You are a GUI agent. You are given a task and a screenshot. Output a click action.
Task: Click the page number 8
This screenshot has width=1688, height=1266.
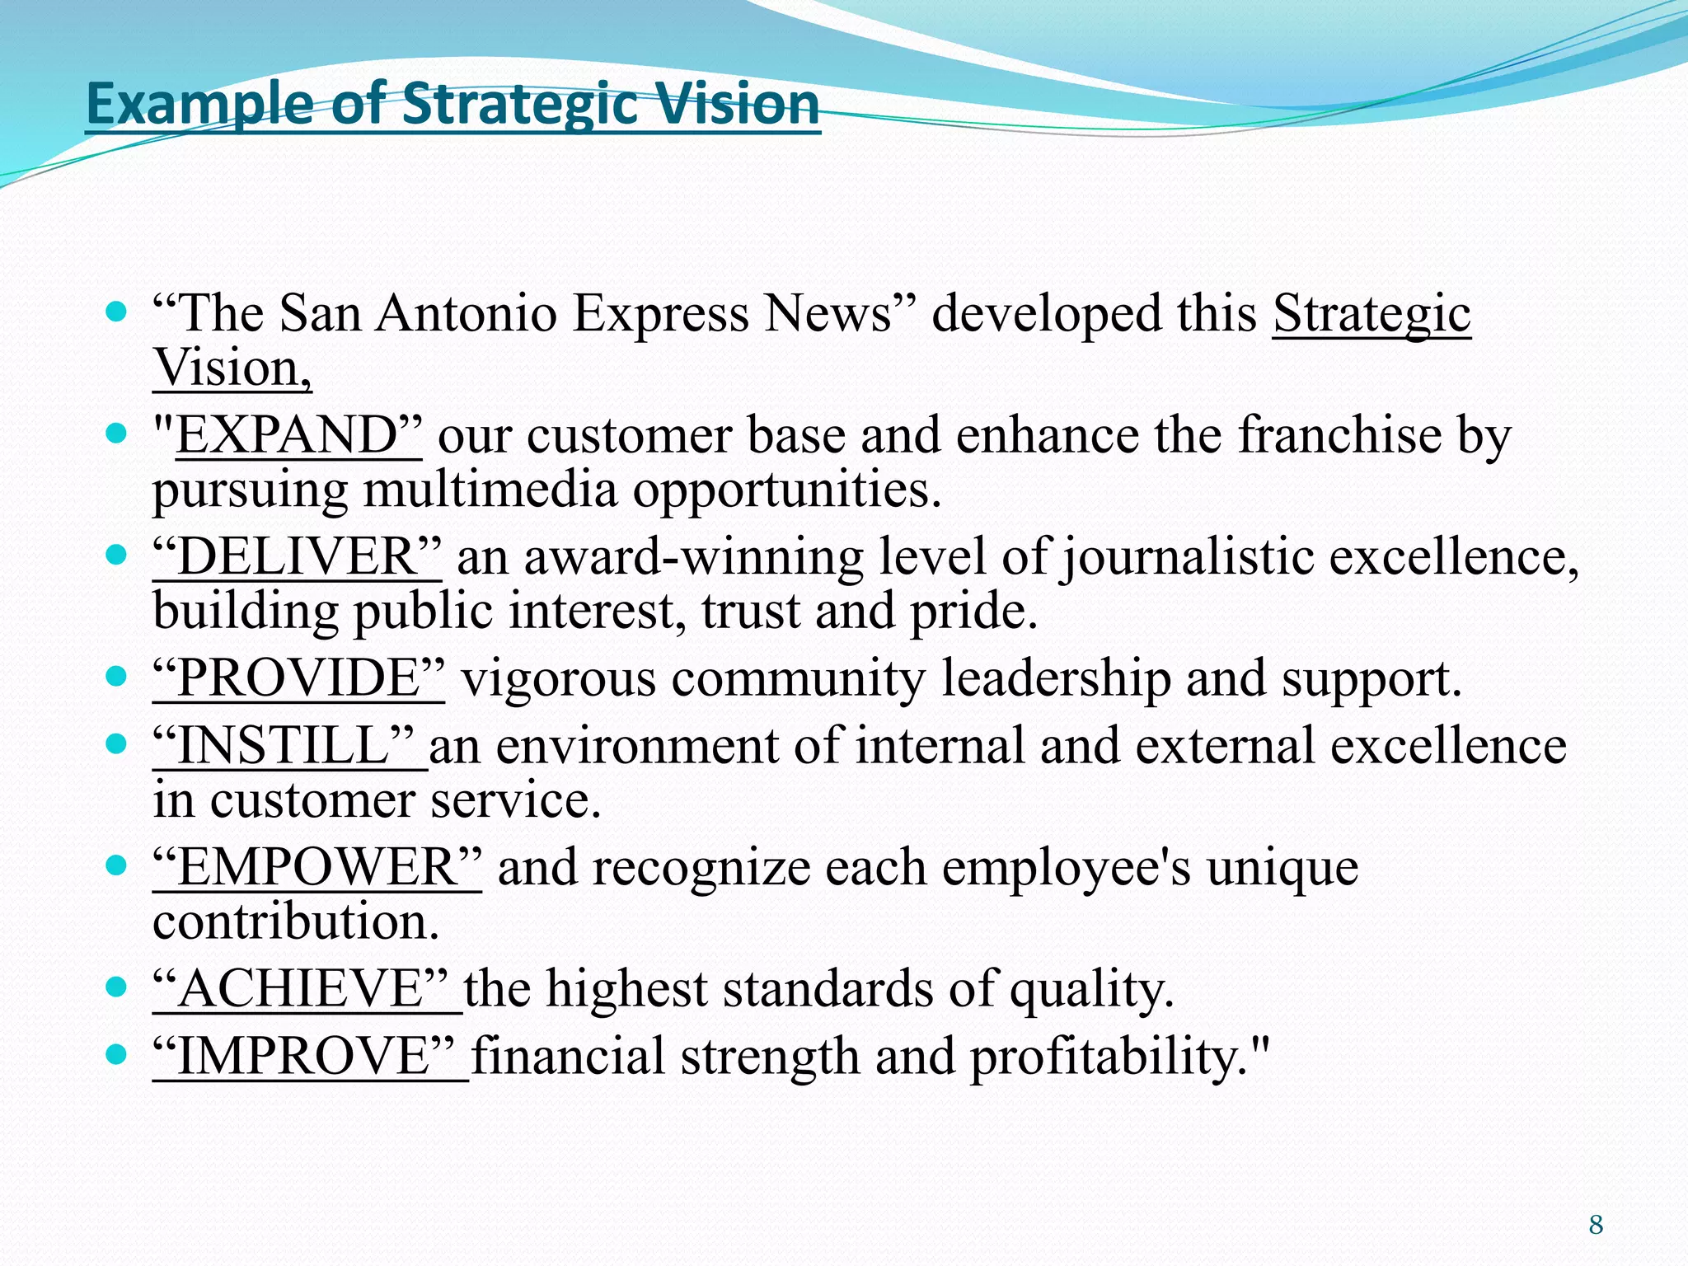pyautogui.click(x=1596, y=1225)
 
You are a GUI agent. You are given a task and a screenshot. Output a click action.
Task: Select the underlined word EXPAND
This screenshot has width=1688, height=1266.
pyautogui.click(x=287, y=434)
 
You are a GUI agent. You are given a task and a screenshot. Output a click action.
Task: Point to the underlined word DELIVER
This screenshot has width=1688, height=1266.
pyautogui.click(x=298, y=556)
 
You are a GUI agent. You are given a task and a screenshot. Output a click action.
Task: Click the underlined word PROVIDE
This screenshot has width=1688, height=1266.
pyautogui.click(x=299, y=678)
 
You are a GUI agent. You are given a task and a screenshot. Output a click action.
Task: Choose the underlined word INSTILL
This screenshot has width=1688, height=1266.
pyautogui.click(x=283, y=746)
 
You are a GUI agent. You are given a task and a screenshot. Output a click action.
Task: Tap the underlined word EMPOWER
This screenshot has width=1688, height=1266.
pyautogui.click(x=316, y=868)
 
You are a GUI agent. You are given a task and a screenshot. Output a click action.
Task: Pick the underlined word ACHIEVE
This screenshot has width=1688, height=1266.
pyautogui.click(x=301, y=989)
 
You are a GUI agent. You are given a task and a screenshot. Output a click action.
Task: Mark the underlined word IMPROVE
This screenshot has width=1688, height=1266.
pyautogui.click(x=303, y=1057)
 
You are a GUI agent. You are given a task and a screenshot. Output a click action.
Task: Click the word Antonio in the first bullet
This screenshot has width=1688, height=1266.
pyautogui.click(x=467, y=313)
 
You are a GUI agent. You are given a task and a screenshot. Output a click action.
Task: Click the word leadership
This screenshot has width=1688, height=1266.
pyautogui.click(x=1056, y=679)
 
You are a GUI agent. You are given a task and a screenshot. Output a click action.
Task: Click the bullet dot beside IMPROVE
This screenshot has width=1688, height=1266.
pyautogui.click(x=117, y=1053)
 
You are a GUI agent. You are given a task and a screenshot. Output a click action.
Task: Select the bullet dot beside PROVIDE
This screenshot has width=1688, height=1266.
pyautogui.click(x=117, y=676)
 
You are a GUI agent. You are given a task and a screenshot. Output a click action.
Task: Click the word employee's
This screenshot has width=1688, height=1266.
pyautogui.click(x=1067, y=869)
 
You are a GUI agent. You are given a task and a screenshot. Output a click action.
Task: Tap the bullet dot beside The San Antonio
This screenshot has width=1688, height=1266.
pyautogui.click(x=117, y=312)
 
